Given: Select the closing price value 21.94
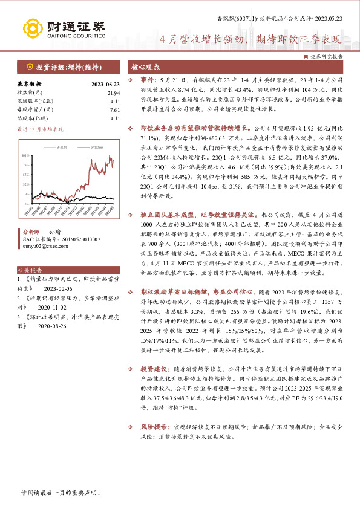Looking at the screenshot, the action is coord(114,92).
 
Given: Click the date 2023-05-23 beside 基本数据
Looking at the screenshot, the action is coord(106,84).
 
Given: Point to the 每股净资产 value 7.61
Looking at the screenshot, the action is coord(116,109).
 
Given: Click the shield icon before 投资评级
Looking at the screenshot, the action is coord(28,66).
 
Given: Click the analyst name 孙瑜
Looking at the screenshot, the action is coord(54,232).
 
